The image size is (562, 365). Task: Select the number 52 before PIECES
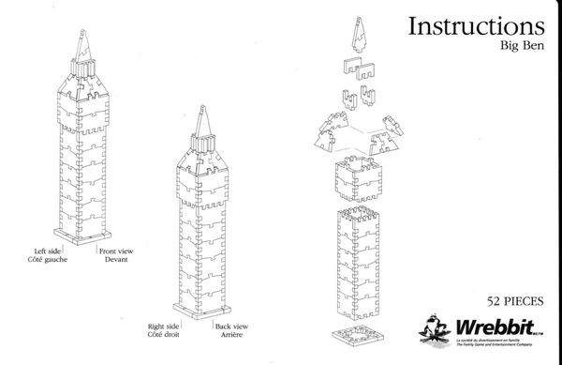click(x=495, y=302)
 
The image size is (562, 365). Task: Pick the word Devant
click(x=116, y=260)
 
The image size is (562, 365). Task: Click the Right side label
click(x=163, y=327)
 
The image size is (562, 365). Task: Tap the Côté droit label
click(x=163, y=335)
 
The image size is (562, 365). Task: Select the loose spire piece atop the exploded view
click(x=357, y=34)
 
